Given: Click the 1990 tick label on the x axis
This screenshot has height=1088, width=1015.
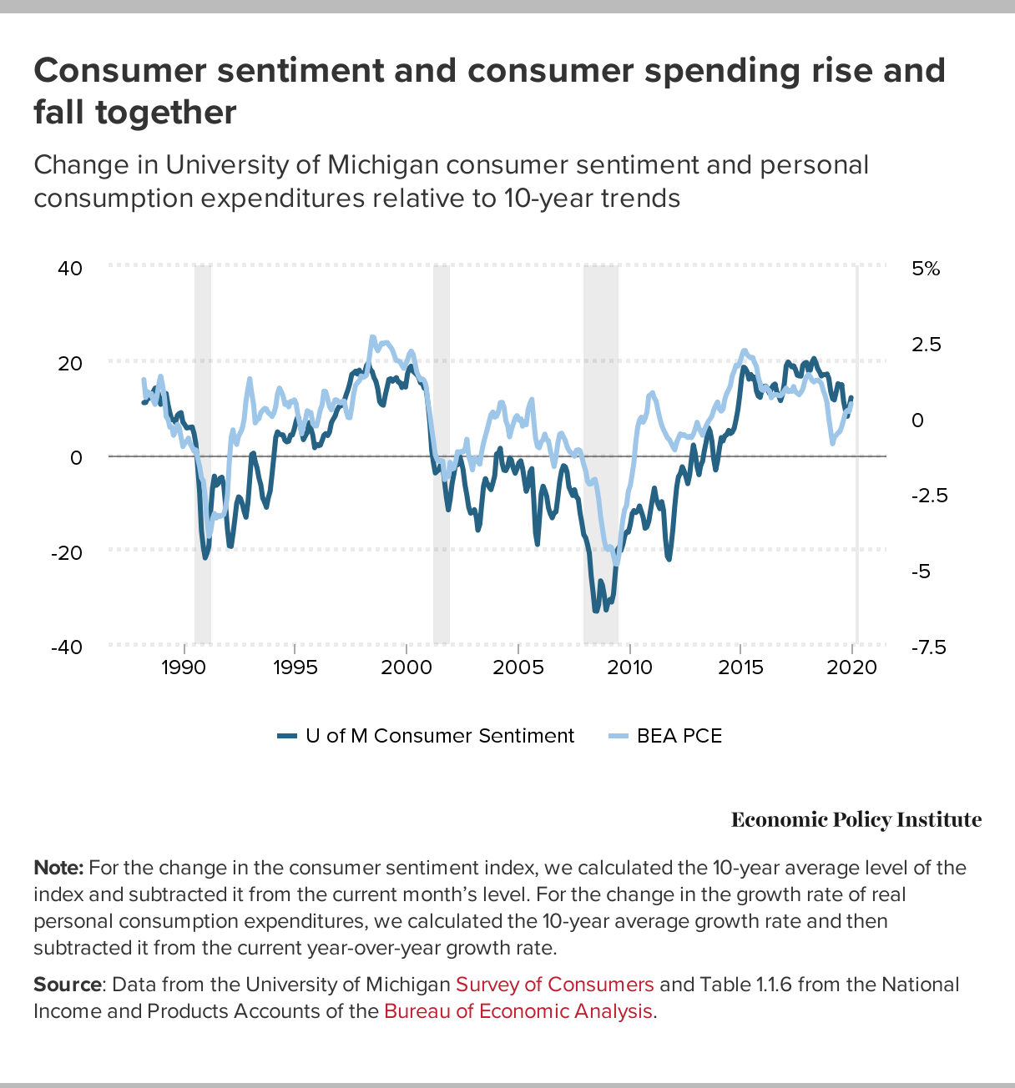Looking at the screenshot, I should click(183, 667).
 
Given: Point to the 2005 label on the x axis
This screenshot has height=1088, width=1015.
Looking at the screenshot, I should click(518, 667).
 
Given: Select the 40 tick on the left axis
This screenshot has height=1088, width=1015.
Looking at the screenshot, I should click(70, 268).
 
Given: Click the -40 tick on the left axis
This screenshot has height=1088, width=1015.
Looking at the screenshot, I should click(67, 647).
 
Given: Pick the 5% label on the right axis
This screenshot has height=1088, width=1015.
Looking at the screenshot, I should click(926, 269).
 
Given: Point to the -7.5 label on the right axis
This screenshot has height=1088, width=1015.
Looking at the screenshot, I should click(928, 647).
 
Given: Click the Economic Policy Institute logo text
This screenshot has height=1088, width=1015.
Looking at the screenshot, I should click(856, 820).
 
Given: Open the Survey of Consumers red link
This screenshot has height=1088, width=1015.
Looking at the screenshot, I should click(554, 985).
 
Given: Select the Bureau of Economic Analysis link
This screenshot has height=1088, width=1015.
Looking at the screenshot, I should click(518, 1011).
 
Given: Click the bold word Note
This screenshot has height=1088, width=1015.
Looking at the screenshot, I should click(58, 868).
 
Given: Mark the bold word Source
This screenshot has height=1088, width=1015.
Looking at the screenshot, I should click(68, 985).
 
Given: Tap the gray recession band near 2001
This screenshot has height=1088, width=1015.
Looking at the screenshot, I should click(441, 455).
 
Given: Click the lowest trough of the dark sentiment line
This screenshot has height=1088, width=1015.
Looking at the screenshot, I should click(596, 611).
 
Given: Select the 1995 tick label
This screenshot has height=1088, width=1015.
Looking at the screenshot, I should click(295, 667).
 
